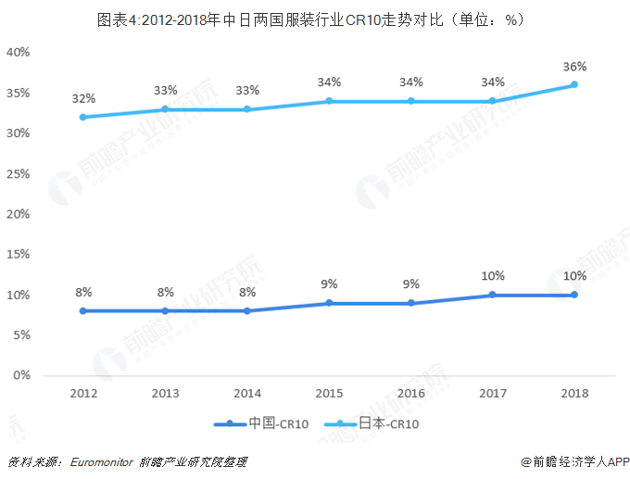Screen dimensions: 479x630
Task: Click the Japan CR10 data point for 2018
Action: pos(573,84)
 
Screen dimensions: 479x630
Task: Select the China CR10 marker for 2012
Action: pos(82,311)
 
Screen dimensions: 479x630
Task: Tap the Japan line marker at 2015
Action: pos(328,101)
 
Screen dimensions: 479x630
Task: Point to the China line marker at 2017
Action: pos(492,295)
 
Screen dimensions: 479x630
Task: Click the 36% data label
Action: pos(573,67)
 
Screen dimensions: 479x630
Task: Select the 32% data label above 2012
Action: pos(82,98)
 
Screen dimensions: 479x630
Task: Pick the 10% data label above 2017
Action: pos(492,275)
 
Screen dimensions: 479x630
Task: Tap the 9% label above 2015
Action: pos(329,284)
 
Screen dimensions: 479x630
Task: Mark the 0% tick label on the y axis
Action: pos(22,375)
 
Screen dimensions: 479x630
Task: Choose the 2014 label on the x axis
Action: pos(246,393)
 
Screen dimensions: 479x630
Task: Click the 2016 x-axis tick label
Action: pos(410,393)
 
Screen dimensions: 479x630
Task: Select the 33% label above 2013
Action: pos(165,90)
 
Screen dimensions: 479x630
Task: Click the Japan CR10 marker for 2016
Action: pos(410,101)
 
